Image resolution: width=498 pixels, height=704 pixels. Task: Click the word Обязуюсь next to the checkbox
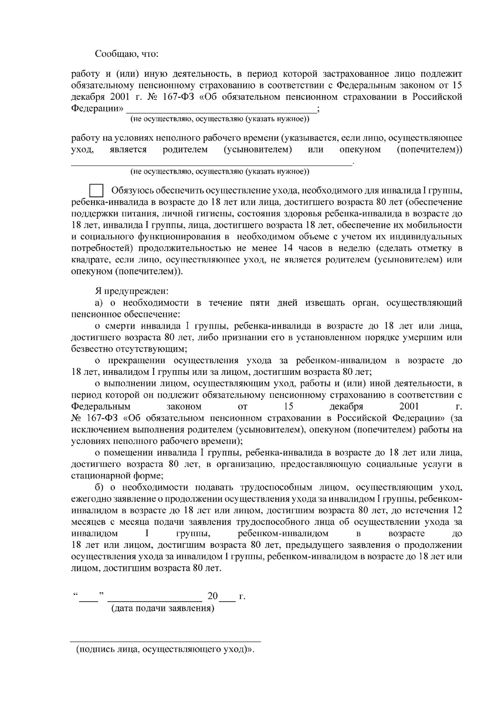[134, 191]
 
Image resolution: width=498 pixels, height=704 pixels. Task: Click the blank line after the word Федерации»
[221, 110]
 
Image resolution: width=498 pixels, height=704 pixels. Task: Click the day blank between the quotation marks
[89, 597]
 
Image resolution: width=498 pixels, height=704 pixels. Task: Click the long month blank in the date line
[155, 597]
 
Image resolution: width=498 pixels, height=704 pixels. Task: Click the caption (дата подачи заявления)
[163, 609]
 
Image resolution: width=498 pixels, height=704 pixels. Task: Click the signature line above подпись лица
[165, 641]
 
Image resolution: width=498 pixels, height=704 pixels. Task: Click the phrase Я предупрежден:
[131, 291]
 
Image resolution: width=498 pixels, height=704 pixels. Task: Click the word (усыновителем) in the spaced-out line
[258, 150]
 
